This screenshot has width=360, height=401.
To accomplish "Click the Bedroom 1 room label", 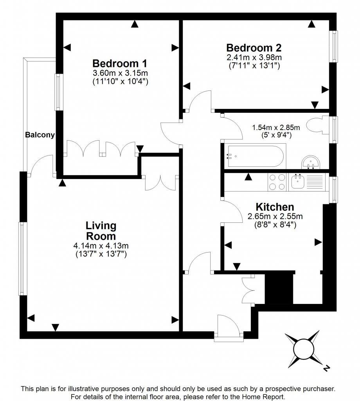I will pyautogui.click(x=120, y=63).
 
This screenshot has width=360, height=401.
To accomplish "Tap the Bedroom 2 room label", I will pyautogui.click(x=254, y=48).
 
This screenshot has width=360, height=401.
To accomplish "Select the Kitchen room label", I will pyautogui.click(x=275, y=207).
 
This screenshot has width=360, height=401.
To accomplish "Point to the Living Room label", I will pyautogui.click(x=101, y=231).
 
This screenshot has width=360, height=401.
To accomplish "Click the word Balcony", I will pyautogui.click(x=40, y=135).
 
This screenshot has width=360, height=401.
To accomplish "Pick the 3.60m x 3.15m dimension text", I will pyautogui.click(x=120, y=73).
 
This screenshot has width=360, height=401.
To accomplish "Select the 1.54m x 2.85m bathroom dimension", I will pyautogui.click(x=276, y=128).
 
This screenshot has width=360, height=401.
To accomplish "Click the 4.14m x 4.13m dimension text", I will pyautogui.click(x=101, y=246).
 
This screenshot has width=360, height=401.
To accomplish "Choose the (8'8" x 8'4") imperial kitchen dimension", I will pyautogui.click(x=275, y=225).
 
